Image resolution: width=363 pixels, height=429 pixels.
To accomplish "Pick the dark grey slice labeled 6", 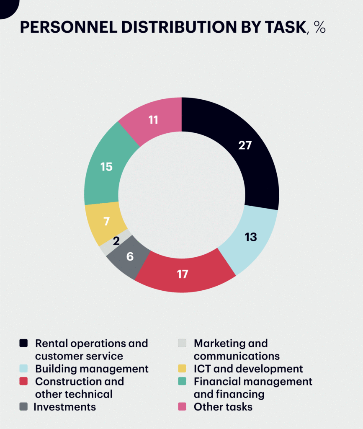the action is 129,257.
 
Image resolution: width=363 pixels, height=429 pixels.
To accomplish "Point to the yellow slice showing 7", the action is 105,222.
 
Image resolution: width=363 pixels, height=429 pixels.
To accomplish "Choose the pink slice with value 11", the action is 153,120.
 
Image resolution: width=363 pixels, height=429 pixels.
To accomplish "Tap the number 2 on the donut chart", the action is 116,241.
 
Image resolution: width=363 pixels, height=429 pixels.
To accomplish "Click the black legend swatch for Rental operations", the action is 23,343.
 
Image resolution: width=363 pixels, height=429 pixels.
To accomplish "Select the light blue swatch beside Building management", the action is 23,368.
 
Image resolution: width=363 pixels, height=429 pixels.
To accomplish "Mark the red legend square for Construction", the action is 23,381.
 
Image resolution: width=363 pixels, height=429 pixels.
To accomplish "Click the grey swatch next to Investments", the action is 23,406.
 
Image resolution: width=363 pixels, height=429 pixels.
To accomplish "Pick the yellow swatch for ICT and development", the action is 182,368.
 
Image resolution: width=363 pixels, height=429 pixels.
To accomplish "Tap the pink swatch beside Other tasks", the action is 182,406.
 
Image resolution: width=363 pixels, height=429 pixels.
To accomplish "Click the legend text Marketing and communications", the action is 237,350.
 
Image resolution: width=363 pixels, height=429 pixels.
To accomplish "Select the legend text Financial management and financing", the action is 253,388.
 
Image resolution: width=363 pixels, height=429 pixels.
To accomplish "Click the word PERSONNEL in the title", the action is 69,27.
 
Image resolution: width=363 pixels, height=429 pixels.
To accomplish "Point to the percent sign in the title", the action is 320,27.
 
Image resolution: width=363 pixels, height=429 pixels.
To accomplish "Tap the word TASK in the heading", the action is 286,27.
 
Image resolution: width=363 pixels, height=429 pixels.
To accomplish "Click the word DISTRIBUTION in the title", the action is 179,27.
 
